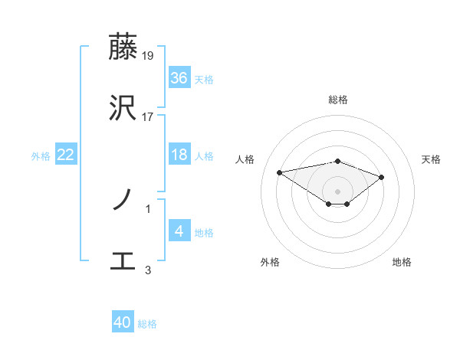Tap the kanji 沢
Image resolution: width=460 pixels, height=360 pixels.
coord(123,109)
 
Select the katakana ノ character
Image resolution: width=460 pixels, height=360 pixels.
coord(123,201)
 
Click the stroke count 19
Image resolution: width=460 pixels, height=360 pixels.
coord(149,55)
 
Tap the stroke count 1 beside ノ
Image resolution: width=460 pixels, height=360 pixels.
coord(148,208)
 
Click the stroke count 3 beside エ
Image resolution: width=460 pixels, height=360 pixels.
coord(148,270)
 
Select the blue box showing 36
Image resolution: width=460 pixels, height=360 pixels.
coord(179,78)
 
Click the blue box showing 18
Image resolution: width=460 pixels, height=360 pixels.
coord(179,155)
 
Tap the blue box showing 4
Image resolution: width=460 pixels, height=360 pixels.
coord(179,231)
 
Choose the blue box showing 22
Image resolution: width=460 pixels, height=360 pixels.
coord(66,155)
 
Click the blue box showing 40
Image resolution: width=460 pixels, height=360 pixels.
coord(123,322)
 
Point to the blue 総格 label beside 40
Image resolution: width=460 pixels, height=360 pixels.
coord(147,324)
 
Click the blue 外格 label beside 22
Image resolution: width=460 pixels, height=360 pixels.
coord(41,156)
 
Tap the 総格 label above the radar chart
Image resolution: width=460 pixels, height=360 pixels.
coord(338,100)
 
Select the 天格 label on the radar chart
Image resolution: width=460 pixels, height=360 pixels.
coord(432,159)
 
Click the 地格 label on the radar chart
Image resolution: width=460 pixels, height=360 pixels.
coord(402,262)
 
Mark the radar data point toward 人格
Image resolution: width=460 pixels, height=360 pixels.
coord(280,172)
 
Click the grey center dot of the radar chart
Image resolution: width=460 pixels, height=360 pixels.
coord(338,191)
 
